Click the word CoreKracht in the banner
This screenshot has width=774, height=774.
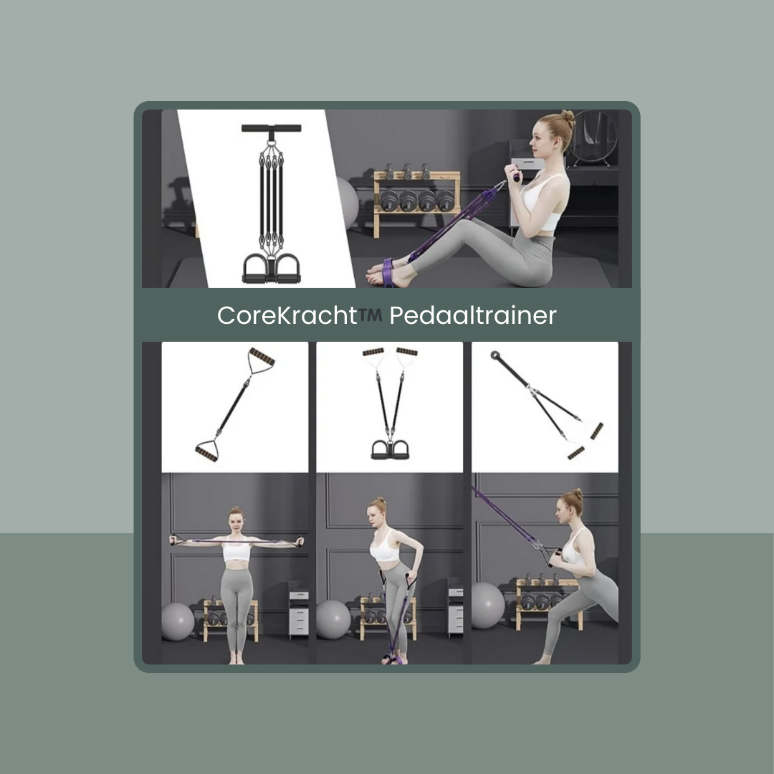coord(287,315)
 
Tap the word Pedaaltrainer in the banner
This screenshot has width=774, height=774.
coord(473,315)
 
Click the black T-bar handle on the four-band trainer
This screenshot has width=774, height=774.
coord(271,128)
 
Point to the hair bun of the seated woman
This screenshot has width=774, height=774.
coord(568,118)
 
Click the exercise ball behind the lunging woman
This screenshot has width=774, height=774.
coord(488,605)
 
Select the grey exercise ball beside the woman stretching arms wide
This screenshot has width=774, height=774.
coord(177,621)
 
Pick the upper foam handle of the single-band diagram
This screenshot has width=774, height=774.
coord(262,356)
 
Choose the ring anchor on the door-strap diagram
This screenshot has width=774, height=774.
coord(494,355)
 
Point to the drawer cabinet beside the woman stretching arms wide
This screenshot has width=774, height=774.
coord(299,611)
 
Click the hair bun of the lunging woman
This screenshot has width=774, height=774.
coord(578,494)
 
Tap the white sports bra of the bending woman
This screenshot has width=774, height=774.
coord(385,546)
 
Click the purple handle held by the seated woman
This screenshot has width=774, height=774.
coord(516,177)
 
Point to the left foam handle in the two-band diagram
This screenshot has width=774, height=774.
coord(373,352)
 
